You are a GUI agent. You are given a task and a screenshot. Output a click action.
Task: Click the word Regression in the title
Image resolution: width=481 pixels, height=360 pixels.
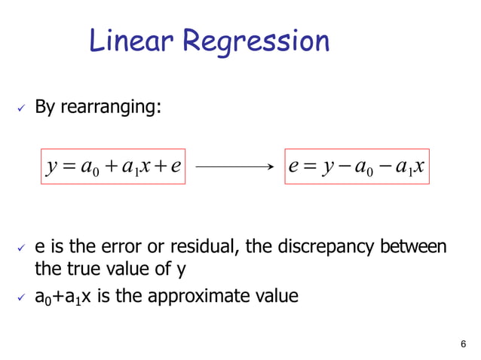[256, 42]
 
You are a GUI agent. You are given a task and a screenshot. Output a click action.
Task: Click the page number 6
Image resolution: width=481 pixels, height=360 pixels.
[462, 344]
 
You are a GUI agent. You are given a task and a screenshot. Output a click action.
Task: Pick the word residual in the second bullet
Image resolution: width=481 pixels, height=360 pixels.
[198, 247]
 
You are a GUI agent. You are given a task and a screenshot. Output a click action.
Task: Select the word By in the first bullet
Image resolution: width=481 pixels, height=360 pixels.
[46, 108]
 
